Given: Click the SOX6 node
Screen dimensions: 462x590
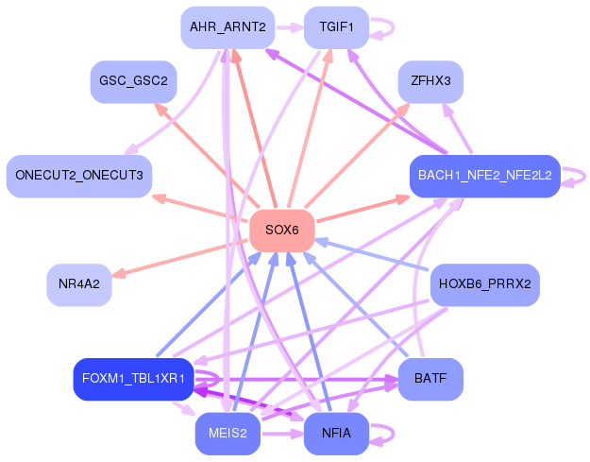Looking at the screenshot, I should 281,231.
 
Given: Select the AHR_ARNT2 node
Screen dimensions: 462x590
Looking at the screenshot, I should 227,27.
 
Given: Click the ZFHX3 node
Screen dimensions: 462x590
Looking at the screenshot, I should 430,82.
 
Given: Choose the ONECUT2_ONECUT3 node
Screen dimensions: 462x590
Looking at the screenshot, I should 79,176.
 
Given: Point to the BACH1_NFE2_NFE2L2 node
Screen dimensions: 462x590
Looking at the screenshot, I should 484,176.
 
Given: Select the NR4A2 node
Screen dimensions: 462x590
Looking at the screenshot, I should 79,283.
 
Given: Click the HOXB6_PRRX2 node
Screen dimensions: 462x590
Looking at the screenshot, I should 484,283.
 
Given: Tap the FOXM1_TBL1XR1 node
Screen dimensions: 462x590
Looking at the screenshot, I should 133,379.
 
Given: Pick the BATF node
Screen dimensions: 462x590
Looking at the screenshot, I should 430,379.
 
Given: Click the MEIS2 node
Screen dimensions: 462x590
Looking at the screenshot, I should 227,434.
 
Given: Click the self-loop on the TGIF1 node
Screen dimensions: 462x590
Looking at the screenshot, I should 383,27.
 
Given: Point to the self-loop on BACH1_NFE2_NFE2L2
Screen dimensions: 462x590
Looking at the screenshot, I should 577,176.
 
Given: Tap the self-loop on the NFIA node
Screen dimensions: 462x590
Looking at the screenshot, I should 383,434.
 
